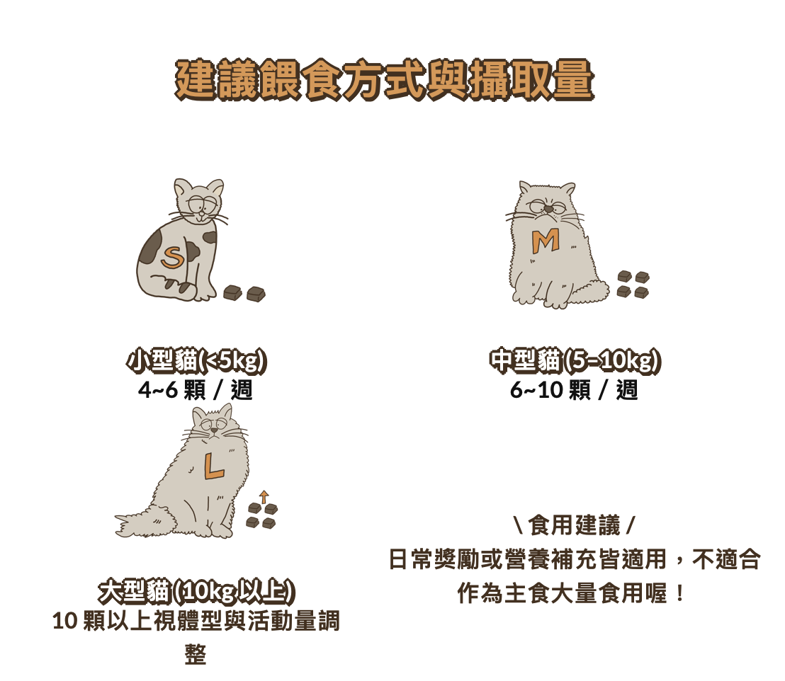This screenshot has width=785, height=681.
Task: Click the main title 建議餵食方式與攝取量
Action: tap(385, 80)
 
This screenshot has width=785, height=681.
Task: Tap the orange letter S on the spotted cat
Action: tap(172, 258)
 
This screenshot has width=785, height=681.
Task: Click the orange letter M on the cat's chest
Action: tap(546, 241)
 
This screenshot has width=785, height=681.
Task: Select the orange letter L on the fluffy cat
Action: tap(213, 466)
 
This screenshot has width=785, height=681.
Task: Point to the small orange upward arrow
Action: tap(264, 496)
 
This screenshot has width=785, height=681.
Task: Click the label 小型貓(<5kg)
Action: tap(196, 361)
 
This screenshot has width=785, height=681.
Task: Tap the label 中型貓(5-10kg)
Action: tap(575, 361)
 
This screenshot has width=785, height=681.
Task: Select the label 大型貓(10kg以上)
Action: tap(196, 591)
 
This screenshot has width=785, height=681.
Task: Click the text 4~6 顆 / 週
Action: tap(196, 390)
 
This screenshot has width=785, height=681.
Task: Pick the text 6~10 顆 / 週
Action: tap(575, 390)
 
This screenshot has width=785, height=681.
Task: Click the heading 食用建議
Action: tap(575, 525)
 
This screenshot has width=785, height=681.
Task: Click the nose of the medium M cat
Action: tap(549, 209)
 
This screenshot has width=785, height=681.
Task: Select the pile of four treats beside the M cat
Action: tap(633, 284)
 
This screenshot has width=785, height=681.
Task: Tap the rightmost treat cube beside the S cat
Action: tap(256, 294)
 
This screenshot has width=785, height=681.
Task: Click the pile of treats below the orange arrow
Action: tap(262, 516)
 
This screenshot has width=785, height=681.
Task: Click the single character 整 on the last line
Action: tap(196, 653)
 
